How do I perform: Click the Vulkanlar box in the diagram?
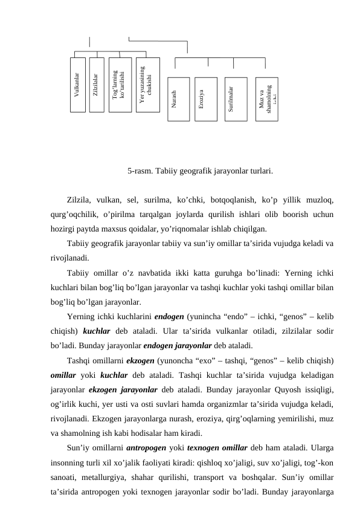(x=78, y=85)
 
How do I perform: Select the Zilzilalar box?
(x=97, y=85)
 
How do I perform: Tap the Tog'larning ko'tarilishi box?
(x=120, y=85)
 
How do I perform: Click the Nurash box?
(x=178, y=99)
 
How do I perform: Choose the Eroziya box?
(x=205, y=99)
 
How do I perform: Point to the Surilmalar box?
(x=236, y=99)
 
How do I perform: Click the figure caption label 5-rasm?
(x=140, y=171)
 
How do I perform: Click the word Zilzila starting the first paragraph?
(x=82, y=198)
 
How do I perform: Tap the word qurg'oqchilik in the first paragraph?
(x=74, y=213)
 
